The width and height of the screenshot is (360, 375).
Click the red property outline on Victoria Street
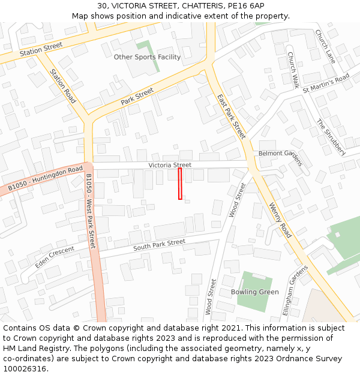pyautogui.click(x=180, y=184)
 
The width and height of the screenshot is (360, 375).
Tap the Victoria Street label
pyautogui.click(x=170, y=165)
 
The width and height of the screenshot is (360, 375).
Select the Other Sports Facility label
pyautogui.click(x=147, y=57)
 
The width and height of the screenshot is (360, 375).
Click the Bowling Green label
pyautogui.click(x=254, y=292)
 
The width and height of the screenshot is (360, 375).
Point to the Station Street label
pyautogui.click(x=41, y=49)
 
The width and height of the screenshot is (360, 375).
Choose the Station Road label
pyautogui.click(x=63, y=86)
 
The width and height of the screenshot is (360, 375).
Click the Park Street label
pyautogui.click(x=137, y=97)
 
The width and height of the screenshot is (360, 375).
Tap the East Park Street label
pyautogui.click(x=232, y=116)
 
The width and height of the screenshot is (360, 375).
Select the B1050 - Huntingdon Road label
pyautogui.click(x=46, y=179)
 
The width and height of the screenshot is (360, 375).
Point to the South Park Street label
pyautogui.click(x=159, y=245)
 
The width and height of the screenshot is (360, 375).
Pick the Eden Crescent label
pyautogui.click(x=55, y=257)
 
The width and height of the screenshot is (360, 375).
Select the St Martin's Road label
pyautogui.click(x=326, y=83)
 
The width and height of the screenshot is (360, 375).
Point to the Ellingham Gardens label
pyautogui.click(x=295, y=290)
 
